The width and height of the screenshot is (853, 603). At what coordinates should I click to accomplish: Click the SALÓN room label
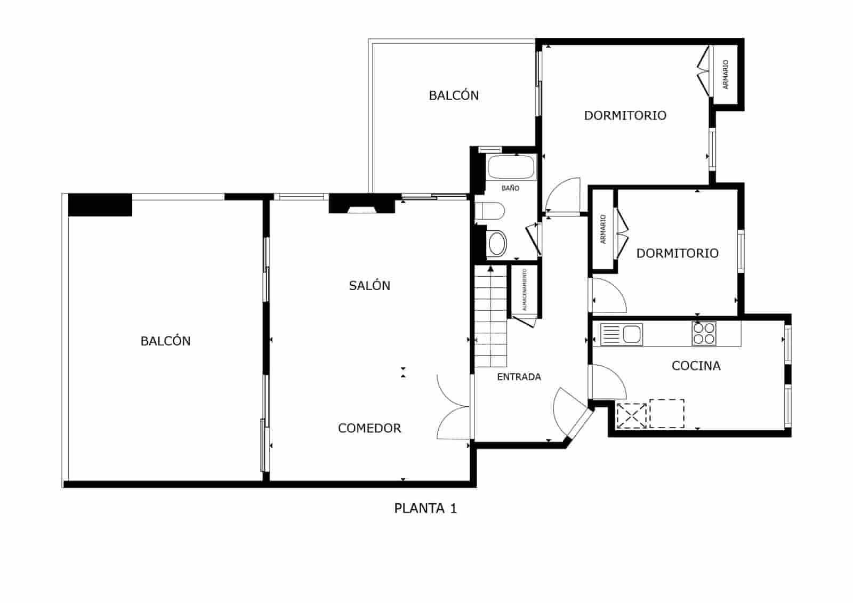pyautogui.click(x=369, y=286)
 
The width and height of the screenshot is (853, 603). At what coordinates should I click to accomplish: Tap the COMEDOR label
pyautogui.click(x=369, y=428)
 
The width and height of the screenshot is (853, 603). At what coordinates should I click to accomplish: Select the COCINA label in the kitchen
pyautogui.click(x=696, y=366)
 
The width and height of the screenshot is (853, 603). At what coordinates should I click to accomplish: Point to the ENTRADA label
pyautogui.click(x=519, y=377)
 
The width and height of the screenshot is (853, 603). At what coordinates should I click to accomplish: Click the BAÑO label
pyautogui.click(x=510, y=188)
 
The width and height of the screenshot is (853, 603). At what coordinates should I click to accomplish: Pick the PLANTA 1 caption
pyautogui.click(x=425, y=509)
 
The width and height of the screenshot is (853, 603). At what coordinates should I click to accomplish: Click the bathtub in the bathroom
pyautogui.click(x=511, y=167)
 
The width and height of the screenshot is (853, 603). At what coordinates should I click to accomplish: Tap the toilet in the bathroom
pyautogui.click(x=490, y=211)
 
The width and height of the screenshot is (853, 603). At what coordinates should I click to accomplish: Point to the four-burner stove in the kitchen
pyautogui.click(x=704, y=333)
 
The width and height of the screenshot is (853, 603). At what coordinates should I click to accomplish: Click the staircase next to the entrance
pyautogui.click(x=490, y=320)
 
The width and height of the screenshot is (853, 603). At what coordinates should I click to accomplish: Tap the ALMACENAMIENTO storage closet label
pyautogui.click(x=525, y=290)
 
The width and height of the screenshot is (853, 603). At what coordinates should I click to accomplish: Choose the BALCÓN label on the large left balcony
pyautogui.click(x=165, y=341)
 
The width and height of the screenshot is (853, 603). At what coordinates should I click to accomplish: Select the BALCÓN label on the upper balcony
pyautogui.click(x=454, y=96)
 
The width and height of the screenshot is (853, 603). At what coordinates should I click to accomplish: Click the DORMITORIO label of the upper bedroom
pyautogui.click(x=625, y=116)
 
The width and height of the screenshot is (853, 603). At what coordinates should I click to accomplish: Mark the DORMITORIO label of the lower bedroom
pyautogui.click(x=677, y=253)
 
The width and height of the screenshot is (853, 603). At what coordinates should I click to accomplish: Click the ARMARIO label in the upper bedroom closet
pyautogui.click(x=726, y=75)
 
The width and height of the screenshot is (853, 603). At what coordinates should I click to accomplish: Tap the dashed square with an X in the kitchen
pyautogui.click(x=631, y=416)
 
